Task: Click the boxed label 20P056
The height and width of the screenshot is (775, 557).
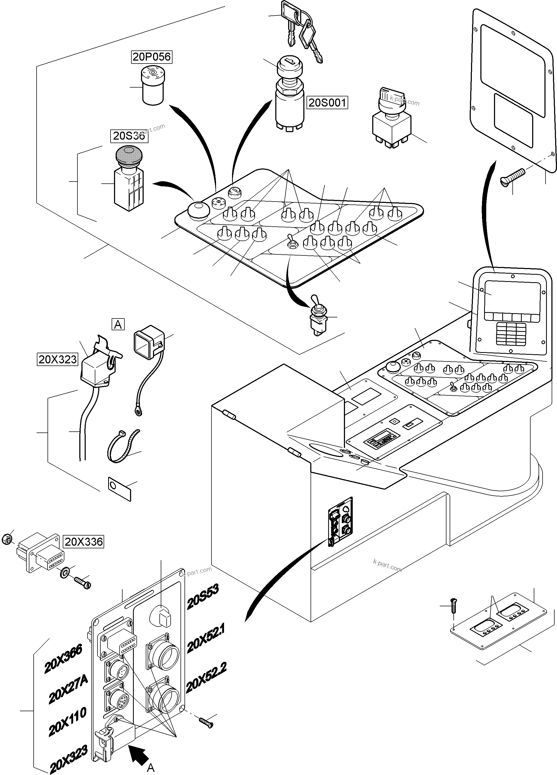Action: tap(151, 57)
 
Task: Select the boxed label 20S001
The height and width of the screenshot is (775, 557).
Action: tap(327, 103)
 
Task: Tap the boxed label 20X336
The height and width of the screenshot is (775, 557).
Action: tap(83, 542)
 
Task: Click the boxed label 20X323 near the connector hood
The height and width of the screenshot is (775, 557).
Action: tap(57, 360)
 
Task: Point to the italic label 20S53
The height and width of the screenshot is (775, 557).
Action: tap(203, 597)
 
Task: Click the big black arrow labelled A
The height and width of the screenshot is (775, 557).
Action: tap(139, 752)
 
